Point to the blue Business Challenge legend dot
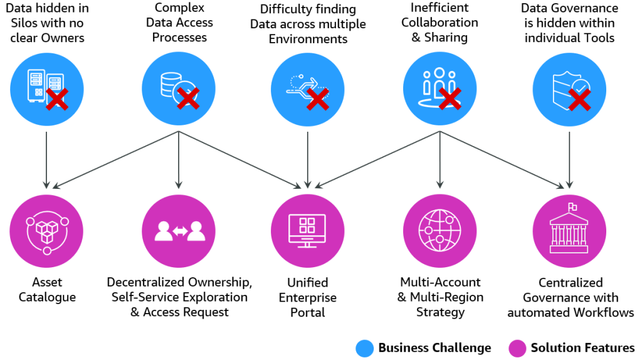pos(364,348)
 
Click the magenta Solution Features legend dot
pos(517,348)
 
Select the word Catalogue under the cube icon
pos(46,297)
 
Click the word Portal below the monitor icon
pos(307,312)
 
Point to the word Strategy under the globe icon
pos(440,312)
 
